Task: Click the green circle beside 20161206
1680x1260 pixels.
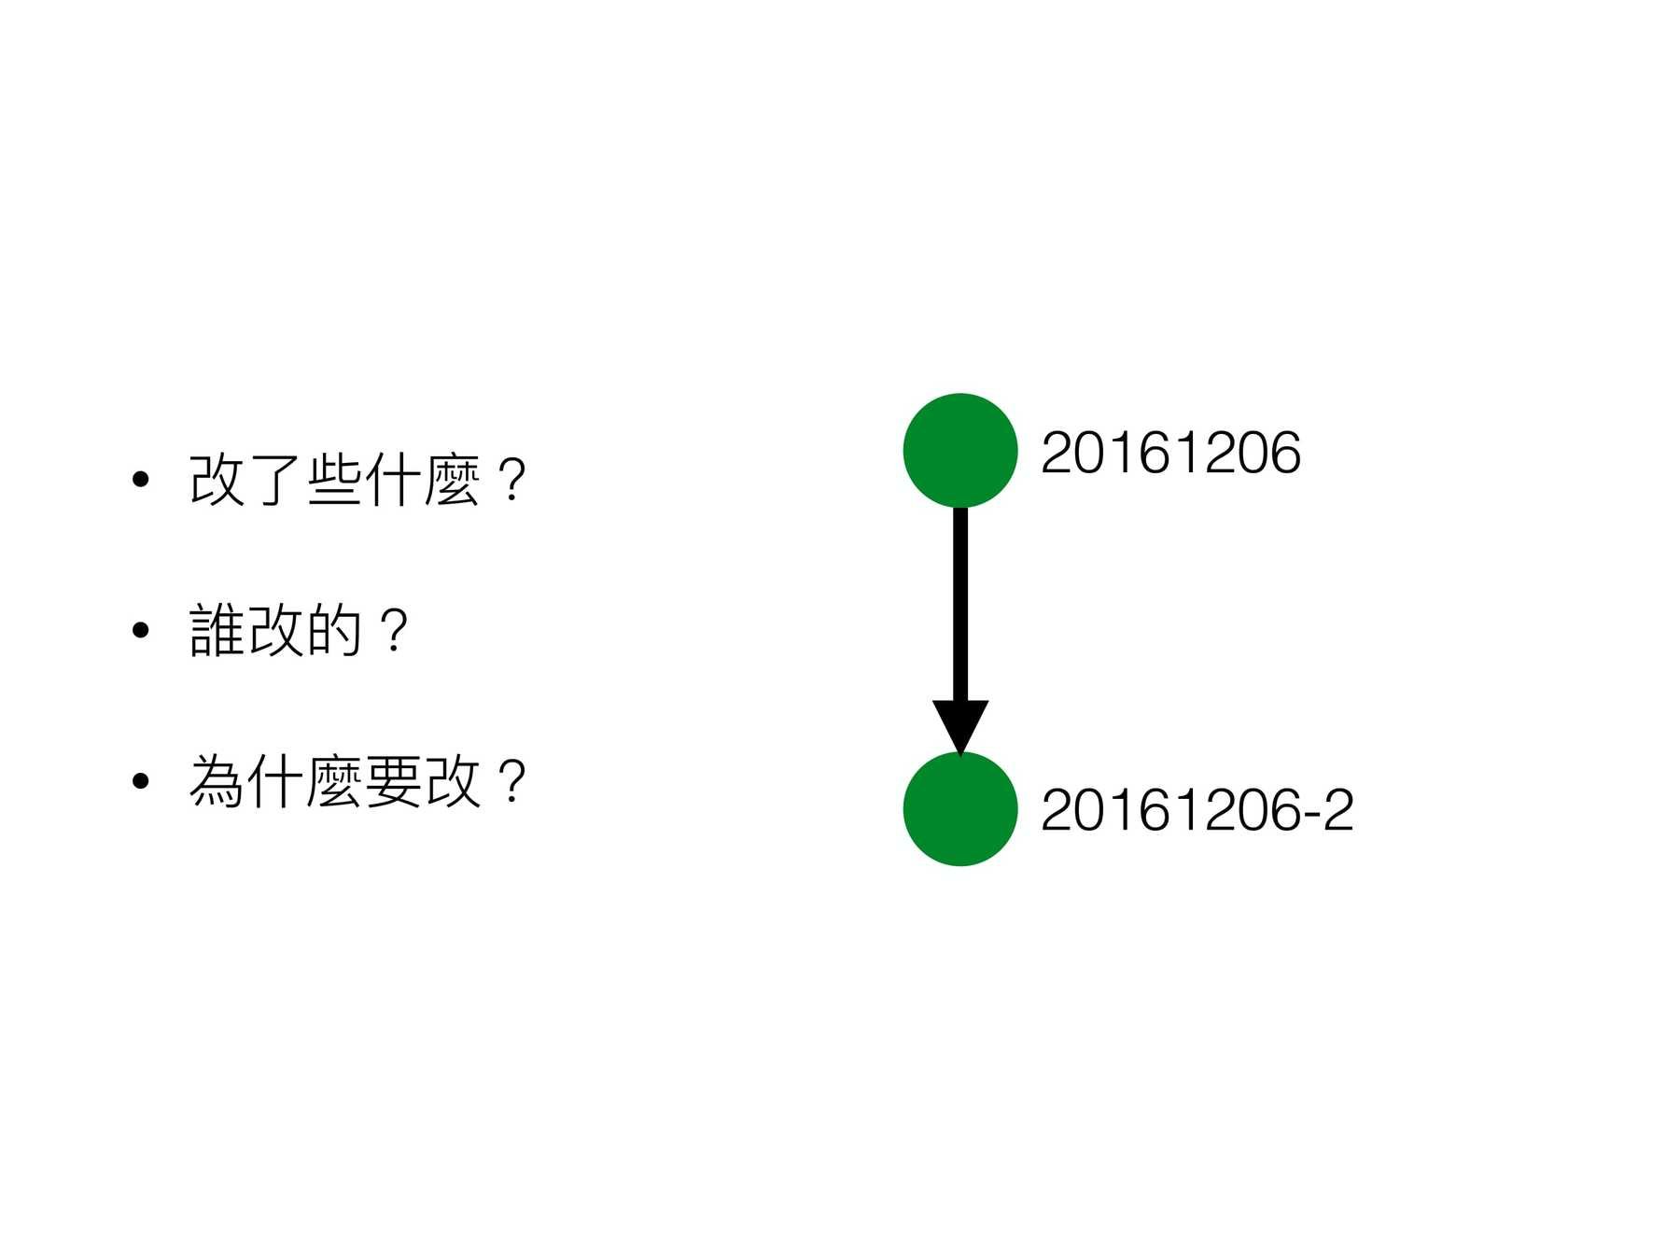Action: click(959, 450)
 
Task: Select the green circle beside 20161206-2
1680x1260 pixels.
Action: click(959, 808)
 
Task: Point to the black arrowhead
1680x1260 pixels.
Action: click(959, 723)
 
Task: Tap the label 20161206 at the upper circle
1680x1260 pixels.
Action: click(1169, 453)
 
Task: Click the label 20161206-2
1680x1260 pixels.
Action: click(1196, 809)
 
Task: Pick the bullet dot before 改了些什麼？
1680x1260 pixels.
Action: click(141, 481)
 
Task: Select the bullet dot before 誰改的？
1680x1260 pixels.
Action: click(141, 631)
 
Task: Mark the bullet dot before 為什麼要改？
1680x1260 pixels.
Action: click(141, 781)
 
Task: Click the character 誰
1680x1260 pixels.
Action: click(217, 631)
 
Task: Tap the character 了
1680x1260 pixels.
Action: click(276, 481)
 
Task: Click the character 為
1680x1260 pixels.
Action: click(217, 781)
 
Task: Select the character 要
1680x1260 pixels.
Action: click(393, 781)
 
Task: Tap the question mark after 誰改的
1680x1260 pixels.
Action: click(395, 631)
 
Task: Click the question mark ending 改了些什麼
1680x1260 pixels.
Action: click(511, 481)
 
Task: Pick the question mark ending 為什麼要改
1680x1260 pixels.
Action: click(511, 781)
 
